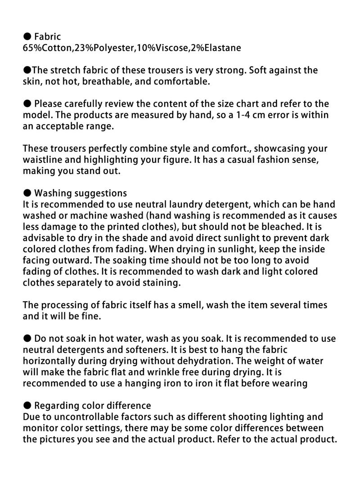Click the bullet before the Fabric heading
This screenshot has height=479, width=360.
click(27, 36)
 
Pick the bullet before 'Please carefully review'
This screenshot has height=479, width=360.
click(27, 104)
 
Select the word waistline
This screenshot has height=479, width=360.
click(44, 160)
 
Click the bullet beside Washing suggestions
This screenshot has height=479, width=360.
click(27, 193)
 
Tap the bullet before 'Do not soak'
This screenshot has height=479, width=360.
click(27, 339)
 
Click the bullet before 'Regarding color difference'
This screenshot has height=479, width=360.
click(27, 406)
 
